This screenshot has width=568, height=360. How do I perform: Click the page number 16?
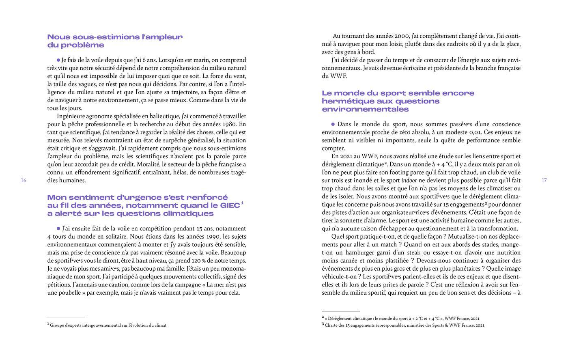coord(24,180)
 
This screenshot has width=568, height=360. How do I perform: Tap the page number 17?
coord(544,180)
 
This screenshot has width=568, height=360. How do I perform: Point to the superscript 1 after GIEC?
coord(242,203)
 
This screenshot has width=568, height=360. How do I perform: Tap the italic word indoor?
coord(409,180)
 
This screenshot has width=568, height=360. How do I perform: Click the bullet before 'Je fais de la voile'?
coord(58,60)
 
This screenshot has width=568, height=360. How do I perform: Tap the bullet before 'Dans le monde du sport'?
coord(333,124)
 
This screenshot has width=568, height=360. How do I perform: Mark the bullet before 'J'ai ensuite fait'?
coord(58,229)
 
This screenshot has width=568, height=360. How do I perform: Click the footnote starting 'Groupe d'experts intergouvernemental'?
coord(108,325)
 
